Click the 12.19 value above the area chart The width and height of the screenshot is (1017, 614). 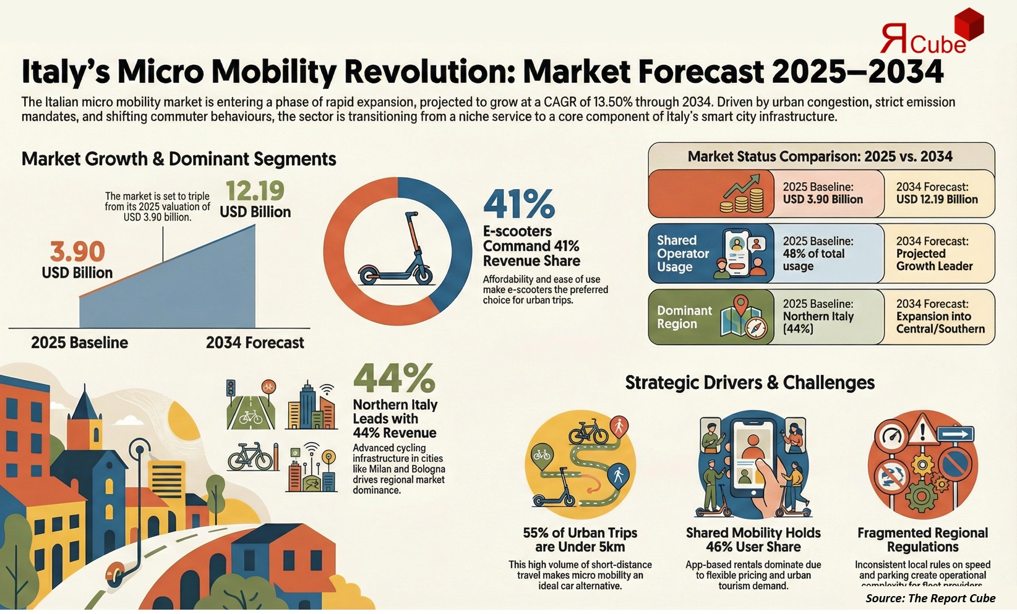[x=255, y=191]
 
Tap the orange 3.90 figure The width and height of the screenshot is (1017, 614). [x=77, y=252]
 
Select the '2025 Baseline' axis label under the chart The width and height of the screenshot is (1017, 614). [x=79, y=343]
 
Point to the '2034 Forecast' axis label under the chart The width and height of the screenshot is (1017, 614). [x=255, y=343]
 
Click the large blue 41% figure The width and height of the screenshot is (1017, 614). [x=519, y=204]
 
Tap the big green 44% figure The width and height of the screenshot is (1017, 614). [x=394, y=378]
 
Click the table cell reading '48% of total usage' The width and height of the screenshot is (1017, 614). [x=818, y=254]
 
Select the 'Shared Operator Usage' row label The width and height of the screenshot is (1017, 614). [x=682, y=254]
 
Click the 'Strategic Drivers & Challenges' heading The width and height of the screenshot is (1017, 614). [x=749, y=383]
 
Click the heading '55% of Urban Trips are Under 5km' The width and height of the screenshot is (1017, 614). [x=580, y=540]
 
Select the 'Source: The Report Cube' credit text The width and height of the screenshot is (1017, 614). [x=930, y=598]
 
